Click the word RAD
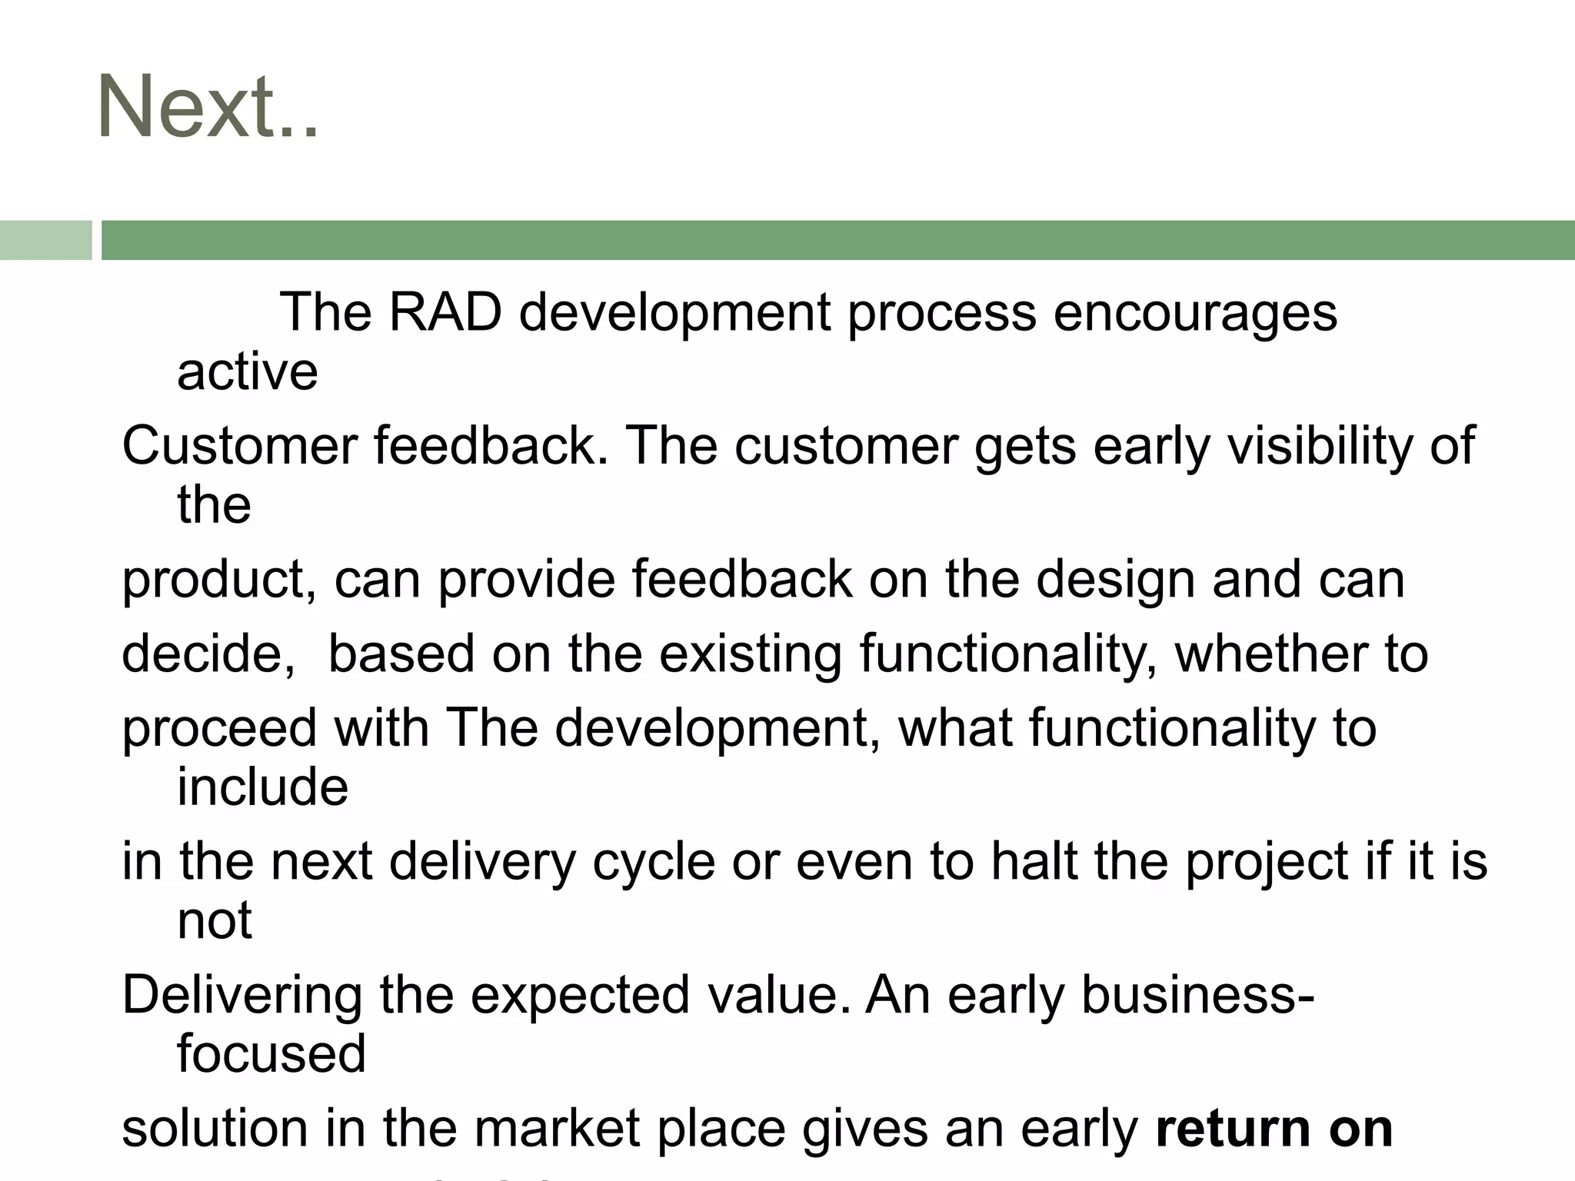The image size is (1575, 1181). (445, 313)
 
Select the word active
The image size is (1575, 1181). (247, 372)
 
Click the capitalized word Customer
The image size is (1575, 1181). (239, 446)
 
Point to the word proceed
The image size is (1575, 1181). (219, 728)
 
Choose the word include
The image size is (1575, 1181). (262, 787)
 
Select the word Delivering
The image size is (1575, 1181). (241, 995)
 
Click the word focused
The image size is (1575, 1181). (271, 1053)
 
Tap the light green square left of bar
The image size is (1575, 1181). (45, 241)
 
